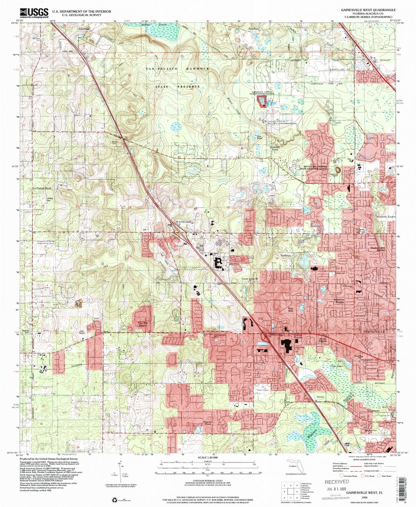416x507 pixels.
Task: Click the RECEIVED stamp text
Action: click(337, 481)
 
